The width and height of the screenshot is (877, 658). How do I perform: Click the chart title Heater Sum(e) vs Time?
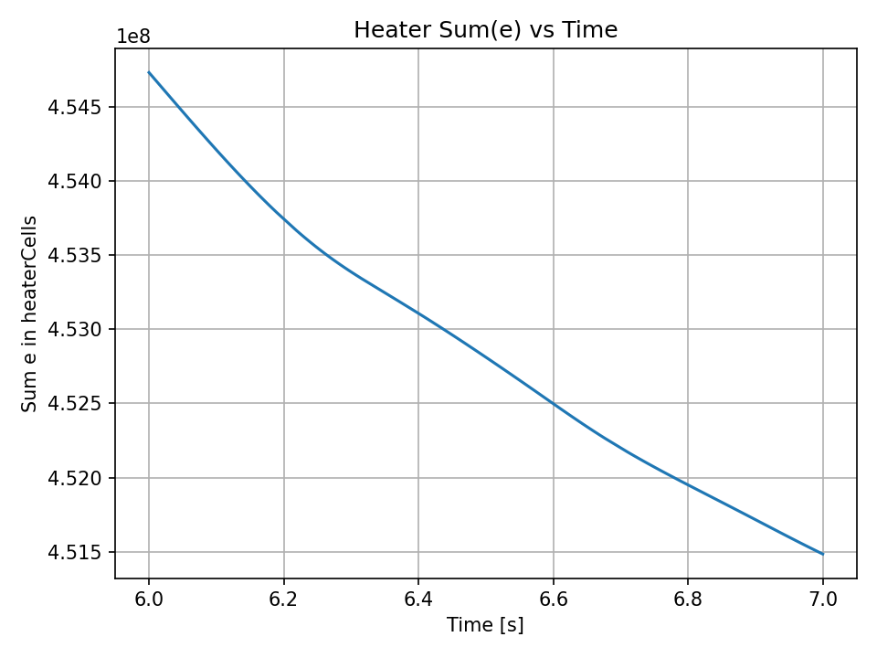pos(485,30)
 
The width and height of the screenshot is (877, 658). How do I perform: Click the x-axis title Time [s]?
pos(485,625)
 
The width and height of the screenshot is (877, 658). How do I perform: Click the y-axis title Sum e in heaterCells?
pos(30,313)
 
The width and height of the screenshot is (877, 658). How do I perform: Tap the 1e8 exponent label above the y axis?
pos(132,37)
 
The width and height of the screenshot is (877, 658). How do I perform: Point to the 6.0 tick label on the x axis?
pos(149,599)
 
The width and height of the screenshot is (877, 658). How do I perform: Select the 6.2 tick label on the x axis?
pos(284,599)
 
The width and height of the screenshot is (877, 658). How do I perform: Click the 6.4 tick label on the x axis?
pos(418,599)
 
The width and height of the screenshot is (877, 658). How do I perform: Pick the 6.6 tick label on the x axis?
pos(554,599)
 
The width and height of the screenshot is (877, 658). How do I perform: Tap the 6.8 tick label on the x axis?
pos(688,599)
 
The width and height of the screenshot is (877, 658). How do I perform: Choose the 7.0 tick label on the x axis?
pos(823,599)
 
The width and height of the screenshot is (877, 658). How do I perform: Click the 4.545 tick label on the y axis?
pos(76,107)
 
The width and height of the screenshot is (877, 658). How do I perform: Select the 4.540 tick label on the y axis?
pos(76,181)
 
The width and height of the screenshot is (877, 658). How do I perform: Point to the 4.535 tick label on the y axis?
pos(76,255)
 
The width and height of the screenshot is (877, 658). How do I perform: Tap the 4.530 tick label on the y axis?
pos(76,329)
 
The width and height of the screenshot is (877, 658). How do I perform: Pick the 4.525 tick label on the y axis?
pos(76,403)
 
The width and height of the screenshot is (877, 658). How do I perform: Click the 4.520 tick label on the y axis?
pos(76,478)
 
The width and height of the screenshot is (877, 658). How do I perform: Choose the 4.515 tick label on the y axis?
pos(76,552)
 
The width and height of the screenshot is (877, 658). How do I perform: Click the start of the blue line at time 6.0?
pos(149,72)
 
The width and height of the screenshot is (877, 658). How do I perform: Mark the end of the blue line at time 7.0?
pos(823,554)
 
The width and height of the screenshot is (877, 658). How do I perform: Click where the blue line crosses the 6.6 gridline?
pos(554,403)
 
